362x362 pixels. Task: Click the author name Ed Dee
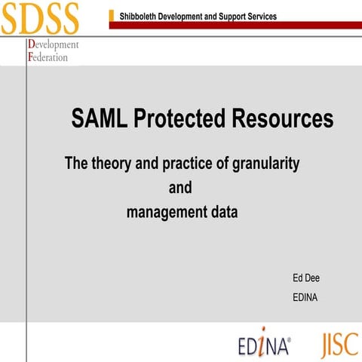point(306,278)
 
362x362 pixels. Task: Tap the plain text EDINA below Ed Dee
point(305,297)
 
